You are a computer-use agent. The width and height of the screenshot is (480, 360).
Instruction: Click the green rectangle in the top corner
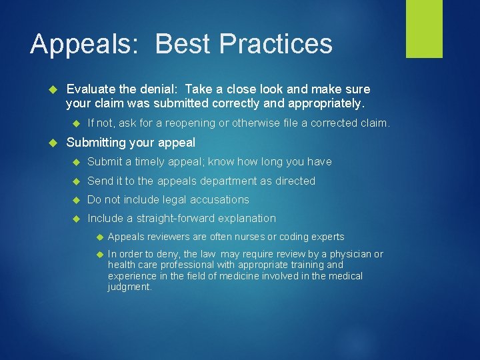pyautogui.click(x=424, y=29)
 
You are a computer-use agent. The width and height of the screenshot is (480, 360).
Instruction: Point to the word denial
pyautogui.click(x=161, y=89)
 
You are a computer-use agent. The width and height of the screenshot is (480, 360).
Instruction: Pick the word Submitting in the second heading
pyautogui.click(x=95, y=143)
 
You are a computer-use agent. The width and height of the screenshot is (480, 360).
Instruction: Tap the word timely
pyautogui.click(x=149, y=162)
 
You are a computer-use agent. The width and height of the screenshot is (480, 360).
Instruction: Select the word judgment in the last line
pyautogui.click(x=129, y=287)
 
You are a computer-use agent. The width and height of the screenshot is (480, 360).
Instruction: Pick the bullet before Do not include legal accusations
pyautogui.click(x=77, y=200)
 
